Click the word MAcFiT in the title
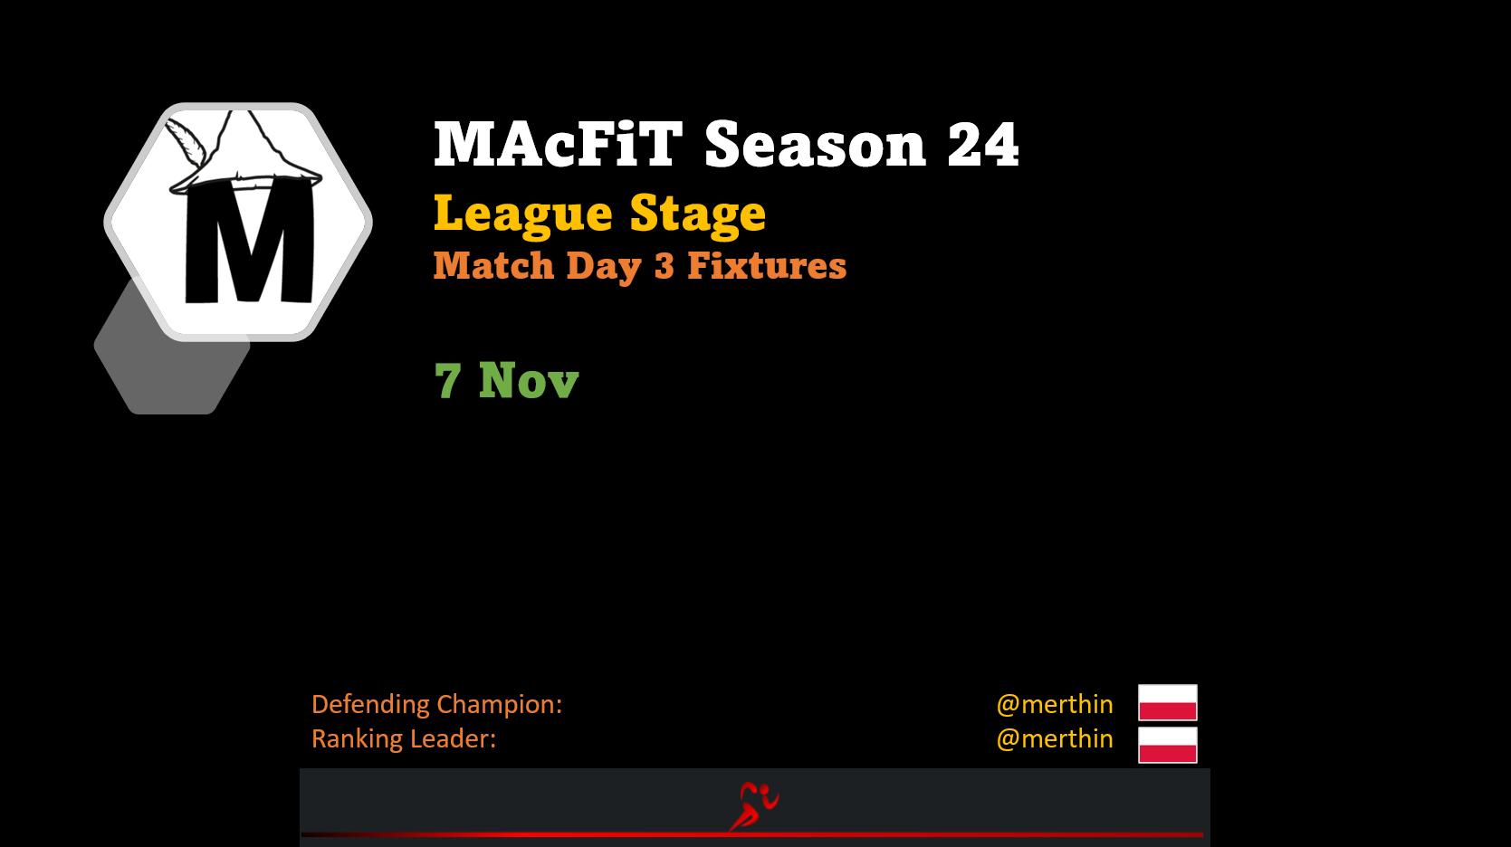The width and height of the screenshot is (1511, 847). [x=558, y=144]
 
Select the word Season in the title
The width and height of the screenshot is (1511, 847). [x=815, y=144]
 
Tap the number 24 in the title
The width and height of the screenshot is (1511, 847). [x=983, y=144]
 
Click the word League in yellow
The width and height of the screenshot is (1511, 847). [x=522, y=214]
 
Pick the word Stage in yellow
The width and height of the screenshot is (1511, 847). [x=698, y=214]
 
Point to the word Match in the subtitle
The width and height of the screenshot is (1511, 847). [x=493, y=265]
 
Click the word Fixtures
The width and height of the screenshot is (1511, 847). [x=767, y=265]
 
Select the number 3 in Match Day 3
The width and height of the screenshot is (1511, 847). [x=665, y=266]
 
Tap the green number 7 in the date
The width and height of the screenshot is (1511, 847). [x=448, y=381]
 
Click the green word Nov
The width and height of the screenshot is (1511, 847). [x=529, y=381]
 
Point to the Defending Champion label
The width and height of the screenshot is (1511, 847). [x=436, y=704]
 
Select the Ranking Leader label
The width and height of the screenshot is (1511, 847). [x=404, y=739]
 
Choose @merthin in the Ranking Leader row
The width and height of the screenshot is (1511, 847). [x=1055, y=739]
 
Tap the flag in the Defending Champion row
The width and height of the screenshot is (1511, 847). [x=1168, y=703]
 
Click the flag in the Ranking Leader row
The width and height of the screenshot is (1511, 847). [x=1168, y=745]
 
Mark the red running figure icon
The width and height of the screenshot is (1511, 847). [x=753, y=806]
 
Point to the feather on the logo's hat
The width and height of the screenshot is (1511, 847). [x=186, y=142]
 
